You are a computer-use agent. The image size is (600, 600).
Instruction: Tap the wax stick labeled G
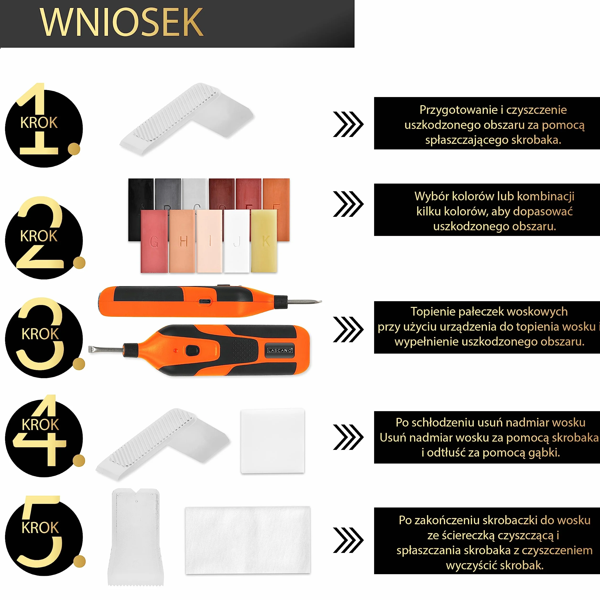pyautogui.click(x=154, y=241)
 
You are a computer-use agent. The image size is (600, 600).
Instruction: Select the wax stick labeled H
pyautogui.click(x=182, y=241)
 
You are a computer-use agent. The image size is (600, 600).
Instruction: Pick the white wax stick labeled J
pyautogui.click(x=237, y=241)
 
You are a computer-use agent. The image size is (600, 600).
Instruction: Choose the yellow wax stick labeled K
pyautogui.click(x=264, y=241)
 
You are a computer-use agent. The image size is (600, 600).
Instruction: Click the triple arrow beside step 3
pyautogui.click(x=348, y=329)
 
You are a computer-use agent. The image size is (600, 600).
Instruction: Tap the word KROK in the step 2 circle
pyautogui.click(x=39, y=236)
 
